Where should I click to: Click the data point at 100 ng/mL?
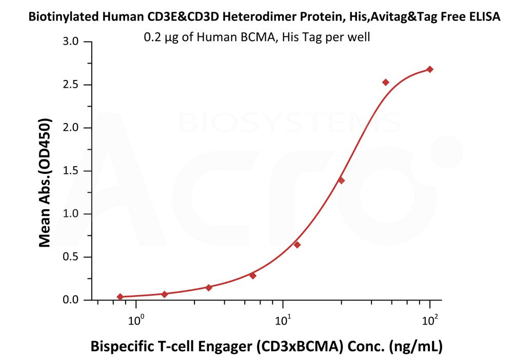coord(430,69)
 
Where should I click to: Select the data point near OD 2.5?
coord(386,82)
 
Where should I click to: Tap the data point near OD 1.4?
coord(341,180)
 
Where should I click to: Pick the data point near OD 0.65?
coord(297,245)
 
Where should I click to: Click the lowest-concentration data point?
coord(120,296)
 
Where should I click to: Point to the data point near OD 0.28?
coord(252,275)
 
